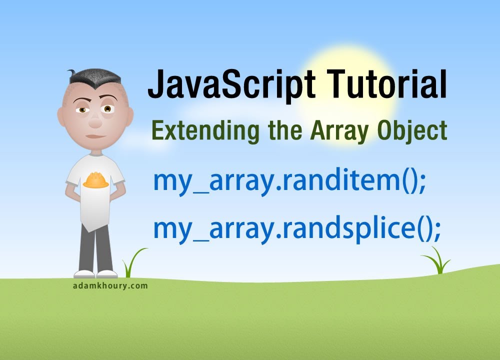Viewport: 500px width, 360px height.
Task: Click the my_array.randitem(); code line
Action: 289,182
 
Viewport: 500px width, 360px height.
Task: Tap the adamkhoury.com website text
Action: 109,286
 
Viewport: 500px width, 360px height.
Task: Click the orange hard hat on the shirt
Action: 95,180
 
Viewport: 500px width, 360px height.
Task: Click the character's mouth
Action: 94,135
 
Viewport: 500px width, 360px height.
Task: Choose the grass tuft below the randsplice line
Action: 437,261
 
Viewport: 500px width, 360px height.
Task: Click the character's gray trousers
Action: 95,247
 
